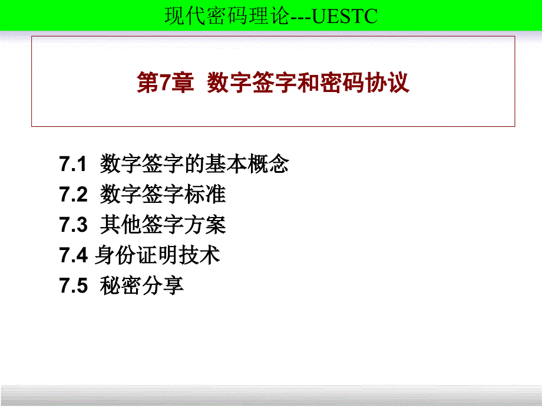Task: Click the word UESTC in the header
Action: (345, 16)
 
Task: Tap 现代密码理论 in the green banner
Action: (227, 16)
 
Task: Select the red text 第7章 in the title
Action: (165, 83)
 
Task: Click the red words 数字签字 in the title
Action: (252, 83)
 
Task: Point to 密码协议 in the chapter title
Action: (365, 83)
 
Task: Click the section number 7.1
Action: (72, 164)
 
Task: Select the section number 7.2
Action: (73, 195)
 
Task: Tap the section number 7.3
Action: (73, 225)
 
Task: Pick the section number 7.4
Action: (73, 255)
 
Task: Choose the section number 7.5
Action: (73, 286)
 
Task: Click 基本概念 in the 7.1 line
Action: (247, 164)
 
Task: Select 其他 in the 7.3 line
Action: (121, 225)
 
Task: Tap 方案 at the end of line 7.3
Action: (205, 225)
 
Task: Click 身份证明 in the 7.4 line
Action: (136, 255)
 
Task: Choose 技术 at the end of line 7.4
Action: (199, 255)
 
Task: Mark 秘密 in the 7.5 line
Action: (121, 285)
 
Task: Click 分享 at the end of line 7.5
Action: (163, 285)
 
